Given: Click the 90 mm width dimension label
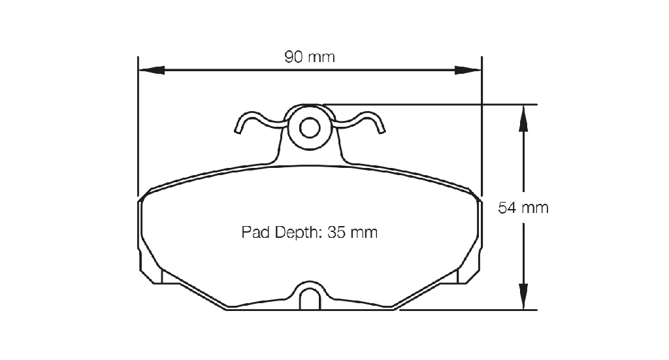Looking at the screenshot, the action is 309,57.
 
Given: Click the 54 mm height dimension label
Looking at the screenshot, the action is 523,208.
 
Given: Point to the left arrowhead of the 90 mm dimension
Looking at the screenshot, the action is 152,71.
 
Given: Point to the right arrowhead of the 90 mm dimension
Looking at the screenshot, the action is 468,71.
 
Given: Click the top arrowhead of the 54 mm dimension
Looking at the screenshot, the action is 523,118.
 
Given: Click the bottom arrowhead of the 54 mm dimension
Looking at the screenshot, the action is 523,297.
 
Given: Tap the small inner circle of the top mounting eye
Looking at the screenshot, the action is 310,127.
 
